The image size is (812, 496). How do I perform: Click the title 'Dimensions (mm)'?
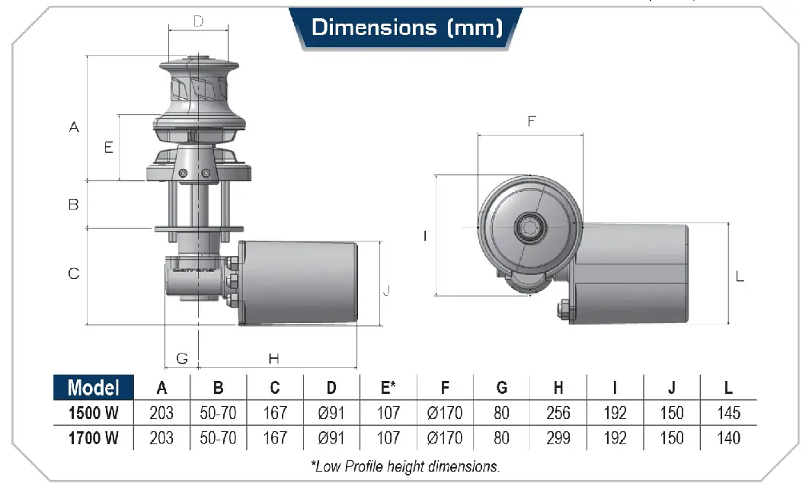407,27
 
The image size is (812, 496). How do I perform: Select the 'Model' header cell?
94,387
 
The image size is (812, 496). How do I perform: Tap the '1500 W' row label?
94,413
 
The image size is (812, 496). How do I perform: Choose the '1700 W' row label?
94,438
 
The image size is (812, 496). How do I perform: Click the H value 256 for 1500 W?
558,413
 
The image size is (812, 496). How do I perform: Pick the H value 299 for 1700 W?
558,438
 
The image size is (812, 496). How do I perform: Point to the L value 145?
729,413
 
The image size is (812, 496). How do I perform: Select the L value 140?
729,438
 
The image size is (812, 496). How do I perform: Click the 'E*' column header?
388,387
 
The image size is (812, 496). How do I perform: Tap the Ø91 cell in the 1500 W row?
331,413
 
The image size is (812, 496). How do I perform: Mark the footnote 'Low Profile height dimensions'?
405,466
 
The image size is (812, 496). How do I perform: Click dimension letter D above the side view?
198,21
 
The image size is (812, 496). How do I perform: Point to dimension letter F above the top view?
532,121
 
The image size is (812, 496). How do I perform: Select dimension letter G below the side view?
182,358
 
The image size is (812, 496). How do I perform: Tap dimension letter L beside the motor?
740,277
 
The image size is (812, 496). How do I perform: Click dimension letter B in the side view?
74,204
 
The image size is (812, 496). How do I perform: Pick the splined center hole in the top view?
529,227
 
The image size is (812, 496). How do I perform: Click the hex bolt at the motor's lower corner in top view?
564,309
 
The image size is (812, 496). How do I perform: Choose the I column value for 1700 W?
615,438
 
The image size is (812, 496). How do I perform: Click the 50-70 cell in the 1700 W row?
218,438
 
